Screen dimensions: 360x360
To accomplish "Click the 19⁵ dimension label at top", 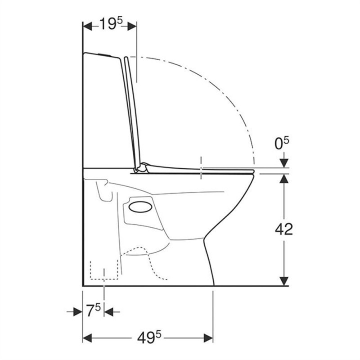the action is pyautogui.click(x=111, y=24).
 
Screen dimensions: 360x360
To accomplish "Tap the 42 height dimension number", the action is pyautogui.click(x=284, y=229).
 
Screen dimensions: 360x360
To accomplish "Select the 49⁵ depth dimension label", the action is pyautogui.click(x=149, y=338).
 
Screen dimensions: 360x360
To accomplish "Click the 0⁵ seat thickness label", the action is pyautogui.click(x=282, y=143).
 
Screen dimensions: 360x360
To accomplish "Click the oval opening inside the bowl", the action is pyautogui.click(x=140, y=207).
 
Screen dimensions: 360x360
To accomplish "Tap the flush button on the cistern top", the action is pyautogui.click(x=105, y=54).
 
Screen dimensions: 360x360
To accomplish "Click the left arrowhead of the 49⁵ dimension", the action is pyautogui.click(x=87, y=338).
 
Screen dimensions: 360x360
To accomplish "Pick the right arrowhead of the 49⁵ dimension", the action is pyautogui.click(x=208, y=338).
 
